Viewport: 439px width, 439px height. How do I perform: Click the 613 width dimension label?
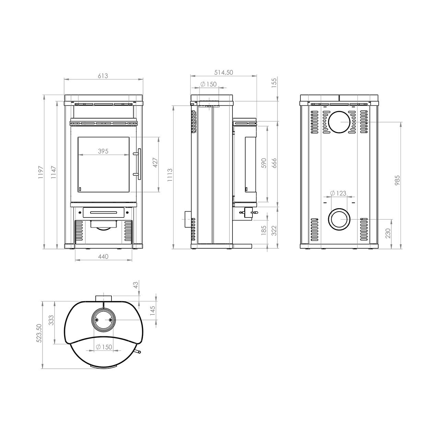103,76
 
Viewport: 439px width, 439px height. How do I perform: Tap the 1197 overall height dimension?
41,172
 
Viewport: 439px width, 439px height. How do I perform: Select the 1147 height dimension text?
54,172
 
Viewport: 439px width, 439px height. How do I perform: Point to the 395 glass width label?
103,151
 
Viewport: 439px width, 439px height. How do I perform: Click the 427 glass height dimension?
155,163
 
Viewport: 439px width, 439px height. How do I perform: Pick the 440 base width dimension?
103,257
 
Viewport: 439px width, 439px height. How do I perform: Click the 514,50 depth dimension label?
224,72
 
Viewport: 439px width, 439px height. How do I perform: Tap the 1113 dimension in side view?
170,175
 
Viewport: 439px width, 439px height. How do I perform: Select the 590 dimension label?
264,163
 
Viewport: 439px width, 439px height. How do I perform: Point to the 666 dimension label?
274,163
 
